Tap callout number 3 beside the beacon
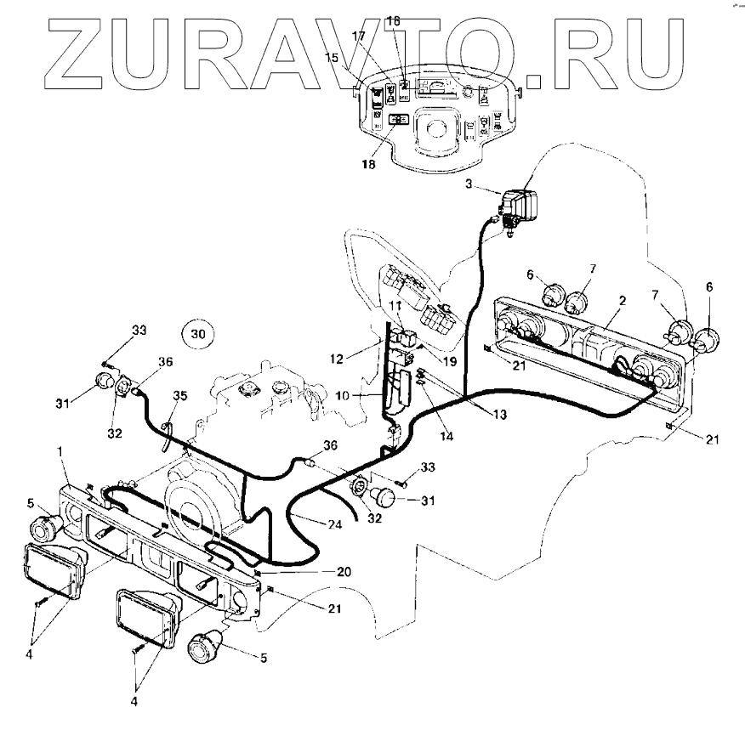point(469,183)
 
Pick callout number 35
point(180,394)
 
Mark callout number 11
point(395,303)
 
